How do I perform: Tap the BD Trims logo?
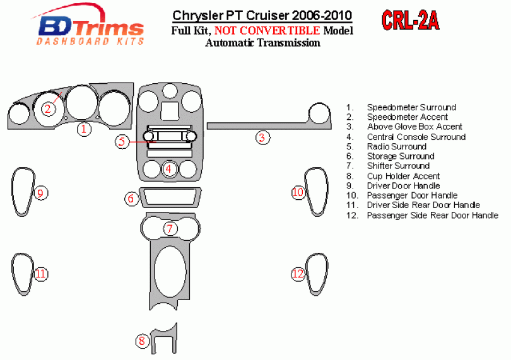[x=92, y=28]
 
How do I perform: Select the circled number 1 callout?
[x=83, y=129]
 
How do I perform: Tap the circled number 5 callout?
[x=122, y=141]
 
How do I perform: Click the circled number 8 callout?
[x=143, y=340]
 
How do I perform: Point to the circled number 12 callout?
[x=298, y=274]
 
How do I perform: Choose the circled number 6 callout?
[x=131, y=199]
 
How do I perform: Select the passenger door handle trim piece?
[x=317, y=192]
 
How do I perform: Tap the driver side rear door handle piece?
[x=22, y=274]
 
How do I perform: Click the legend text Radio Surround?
[x=396, y=146]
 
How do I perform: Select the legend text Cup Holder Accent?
[x=403, y=176]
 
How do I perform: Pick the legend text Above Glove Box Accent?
[x=414, y=127]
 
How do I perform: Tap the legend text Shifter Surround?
[x=399, y=166]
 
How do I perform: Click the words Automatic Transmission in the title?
[x=262, y=43]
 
